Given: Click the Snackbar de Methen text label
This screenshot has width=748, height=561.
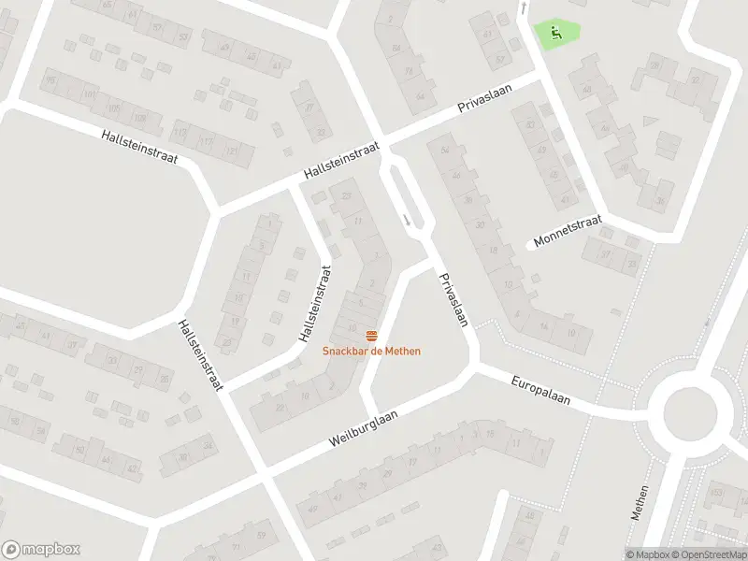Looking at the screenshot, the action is click(371, 351).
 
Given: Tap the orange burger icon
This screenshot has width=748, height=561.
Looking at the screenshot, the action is click(371, 336).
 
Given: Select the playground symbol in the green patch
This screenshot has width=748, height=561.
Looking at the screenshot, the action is click(555, 35).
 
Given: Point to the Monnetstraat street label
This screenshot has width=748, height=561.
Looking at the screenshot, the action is click(568, 230).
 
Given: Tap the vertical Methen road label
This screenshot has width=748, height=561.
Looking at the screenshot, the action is click(640, 501).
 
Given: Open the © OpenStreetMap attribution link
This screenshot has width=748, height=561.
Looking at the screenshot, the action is click(707, 554).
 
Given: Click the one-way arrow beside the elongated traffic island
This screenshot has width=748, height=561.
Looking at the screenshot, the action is click(407, 220).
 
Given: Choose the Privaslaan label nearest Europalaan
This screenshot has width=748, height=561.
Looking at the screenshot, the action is click(453, 299).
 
